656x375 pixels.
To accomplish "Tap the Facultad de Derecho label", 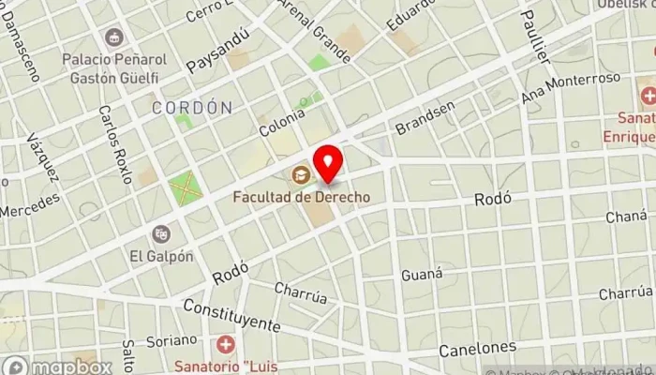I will pyautogui.click(x=301, y=197).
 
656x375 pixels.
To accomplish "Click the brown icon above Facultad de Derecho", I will pyautogui.click(x=301, y=173).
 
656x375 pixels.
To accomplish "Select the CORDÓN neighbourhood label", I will pyautogui.click(x=192, y=108).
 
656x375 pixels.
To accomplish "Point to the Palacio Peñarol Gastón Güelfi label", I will pyautogui.click(x=114, y=67).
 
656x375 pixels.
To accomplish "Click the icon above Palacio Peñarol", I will pyautogui.click(x=114, y=37).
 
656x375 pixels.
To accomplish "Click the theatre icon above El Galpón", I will pyautogui.click(x=162, y=233).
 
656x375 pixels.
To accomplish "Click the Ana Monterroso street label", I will pyautogui.click(x=572, y=87).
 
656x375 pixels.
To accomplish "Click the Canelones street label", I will pyautogui.click(x=477, y=349).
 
